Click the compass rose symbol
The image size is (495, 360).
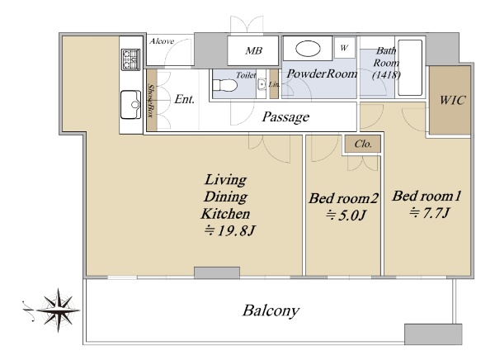58,310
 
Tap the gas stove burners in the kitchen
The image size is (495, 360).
130,59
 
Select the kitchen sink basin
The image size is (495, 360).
130,105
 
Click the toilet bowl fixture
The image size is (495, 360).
225,85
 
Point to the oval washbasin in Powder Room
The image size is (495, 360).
308,49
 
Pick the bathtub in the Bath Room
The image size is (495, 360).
410,68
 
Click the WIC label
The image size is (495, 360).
452,100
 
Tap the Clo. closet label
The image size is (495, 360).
363,144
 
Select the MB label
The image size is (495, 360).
254,50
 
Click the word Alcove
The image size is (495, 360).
162,41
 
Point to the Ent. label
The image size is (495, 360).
184,99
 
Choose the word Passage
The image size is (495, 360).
285,117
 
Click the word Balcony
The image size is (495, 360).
271,310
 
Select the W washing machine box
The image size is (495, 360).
345,48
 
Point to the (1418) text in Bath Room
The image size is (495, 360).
386,75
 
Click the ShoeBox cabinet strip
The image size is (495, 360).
152,100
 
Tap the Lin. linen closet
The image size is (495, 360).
274,84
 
